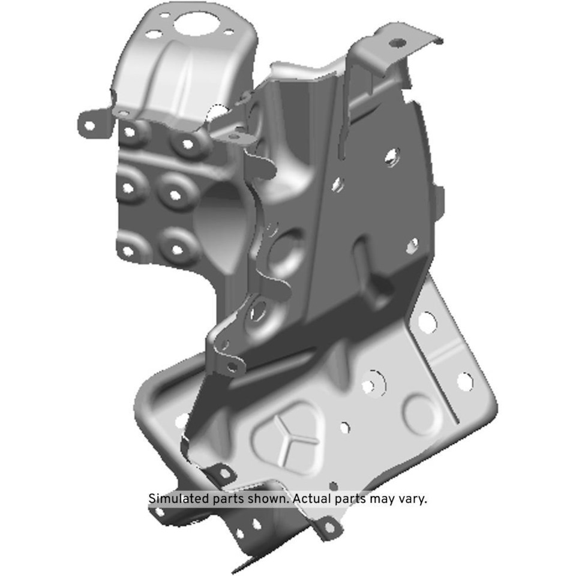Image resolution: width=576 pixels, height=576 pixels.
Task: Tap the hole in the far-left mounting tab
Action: tap(89, 126)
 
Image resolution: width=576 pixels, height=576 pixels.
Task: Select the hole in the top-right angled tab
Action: tap(397, 43)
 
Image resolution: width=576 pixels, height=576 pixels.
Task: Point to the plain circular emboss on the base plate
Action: tap(419, 413)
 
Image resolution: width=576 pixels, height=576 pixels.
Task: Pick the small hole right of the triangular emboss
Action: tap(344, 428)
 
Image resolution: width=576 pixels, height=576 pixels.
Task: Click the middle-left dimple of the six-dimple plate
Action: tap(127, 188)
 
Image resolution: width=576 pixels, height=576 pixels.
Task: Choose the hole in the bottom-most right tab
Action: tap(328, 527)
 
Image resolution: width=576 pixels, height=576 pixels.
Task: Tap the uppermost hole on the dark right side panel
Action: tap(391, 157)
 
